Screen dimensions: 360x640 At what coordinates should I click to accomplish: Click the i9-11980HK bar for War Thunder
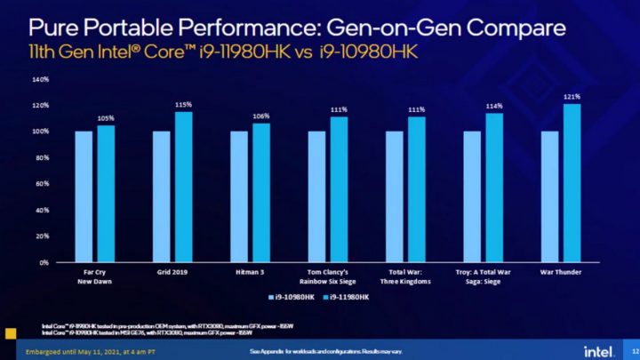pyautogui.click(x=572, y=183)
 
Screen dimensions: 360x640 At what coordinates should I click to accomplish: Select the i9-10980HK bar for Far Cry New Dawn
pyautogui.click(x=84, y=196)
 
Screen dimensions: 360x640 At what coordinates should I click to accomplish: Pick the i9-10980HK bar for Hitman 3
pyautogui.click(x=239, y=196)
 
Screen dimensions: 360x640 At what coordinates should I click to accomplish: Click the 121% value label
pyautogui.click(x=572, y=96)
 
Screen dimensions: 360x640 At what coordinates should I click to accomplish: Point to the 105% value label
pyautogui.click(x=106, y=117)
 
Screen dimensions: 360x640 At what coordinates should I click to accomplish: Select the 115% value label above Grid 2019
pyautogui.click(x=183, y=104)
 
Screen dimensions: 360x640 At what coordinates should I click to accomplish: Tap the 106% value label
pyautogui.click(x=261, y=116)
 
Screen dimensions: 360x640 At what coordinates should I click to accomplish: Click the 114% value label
pyautogui.click(x=494, y=106)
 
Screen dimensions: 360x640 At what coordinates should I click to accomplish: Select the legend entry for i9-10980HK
pyautogui.click(x=294, y=295)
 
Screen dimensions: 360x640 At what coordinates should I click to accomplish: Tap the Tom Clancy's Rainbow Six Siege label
pyautogui.click(x=328, y=277)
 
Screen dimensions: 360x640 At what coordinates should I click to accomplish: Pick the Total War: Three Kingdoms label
pyautogui.click(x=405, y=277)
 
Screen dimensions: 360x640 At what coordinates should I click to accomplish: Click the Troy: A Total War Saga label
pyautogui.click(x=484, y=277)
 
